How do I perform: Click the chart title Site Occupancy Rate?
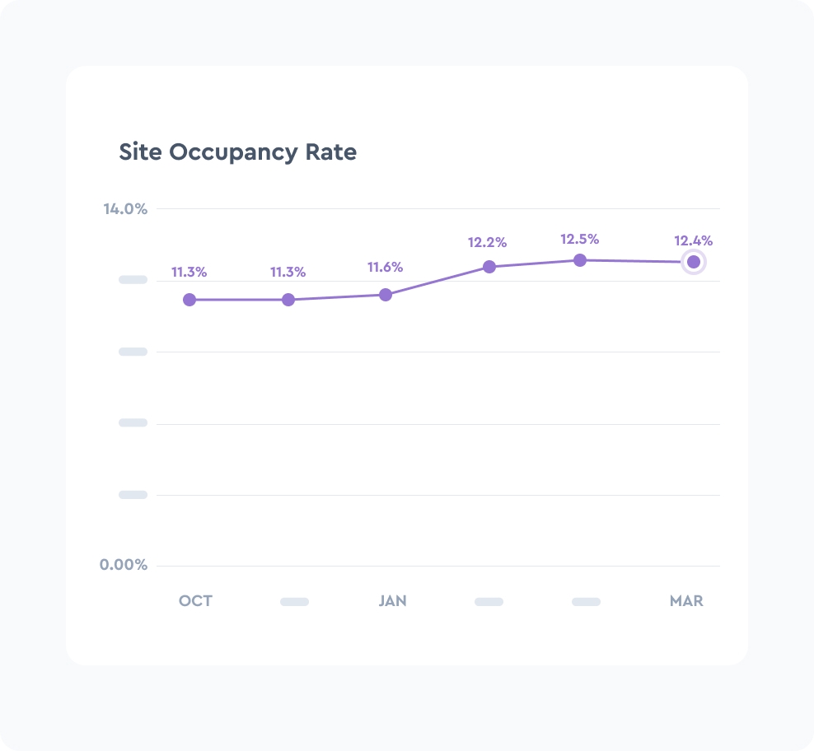pyautogui.click(x=238, y=152)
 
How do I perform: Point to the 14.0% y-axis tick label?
pyautogui.click(x=125, y=209)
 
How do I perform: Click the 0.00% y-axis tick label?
pyautogui.click(x=124, y=565)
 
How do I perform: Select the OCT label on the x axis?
pyautogui.click(x=196, y=601)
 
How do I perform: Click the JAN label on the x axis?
pyautogui.click(x=392, y=601)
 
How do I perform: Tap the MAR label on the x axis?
pyautogui.click(x=686, y=601)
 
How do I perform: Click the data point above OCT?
pyautogui.click(x=189, y=300)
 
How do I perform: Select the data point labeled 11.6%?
pyautogui.click(x=385, y=294)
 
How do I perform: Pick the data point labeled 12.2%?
pyautogui.click(x=489, y=267)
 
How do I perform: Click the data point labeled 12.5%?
pyautogui.click(x=580, y=260)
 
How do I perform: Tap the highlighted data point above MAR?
pyautogui.click(x=694, y=262)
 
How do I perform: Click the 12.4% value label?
pyautogui.click(x=693, y=241)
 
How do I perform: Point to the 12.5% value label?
pyautogui.click(x=580, y=240)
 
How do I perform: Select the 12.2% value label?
pyautogui.click(x=487, y=243)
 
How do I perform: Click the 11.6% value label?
pyautogui.click(x=385, y=268)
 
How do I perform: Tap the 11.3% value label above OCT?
pyautogui.click(x=189, y=273)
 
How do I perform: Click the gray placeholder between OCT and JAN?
pyautogui.click(x=294, y=602)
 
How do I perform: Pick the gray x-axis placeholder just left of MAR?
pyautogui.click(x=586, y=602)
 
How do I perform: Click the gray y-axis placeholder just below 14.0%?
pyautogui.click(x=133, y=280)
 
